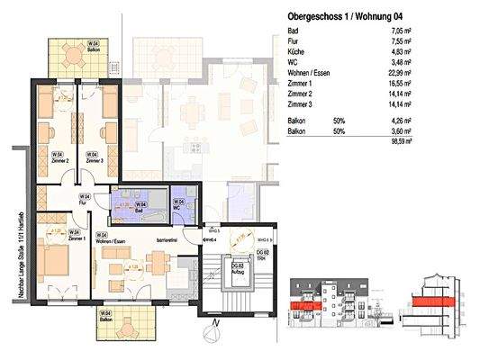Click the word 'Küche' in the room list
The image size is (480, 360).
pos(296,53)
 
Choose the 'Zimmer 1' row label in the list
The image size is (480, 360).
pos(302,83)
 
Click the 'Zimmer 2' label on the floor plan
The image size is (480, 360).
pos(59,157)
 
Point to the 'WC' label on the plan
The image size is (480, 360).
pos(181,208)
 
